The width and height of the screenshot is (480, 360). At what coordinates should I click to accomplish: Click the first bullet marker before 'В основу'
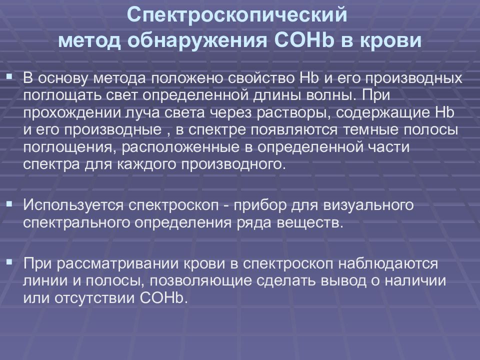[9, 76]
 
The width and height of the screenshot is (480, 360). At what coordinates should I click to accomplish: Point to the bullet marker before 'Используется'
[9, 203]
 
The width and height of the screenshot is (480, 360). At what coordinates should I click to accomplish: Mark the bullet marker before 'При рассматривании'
[9, 261]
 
